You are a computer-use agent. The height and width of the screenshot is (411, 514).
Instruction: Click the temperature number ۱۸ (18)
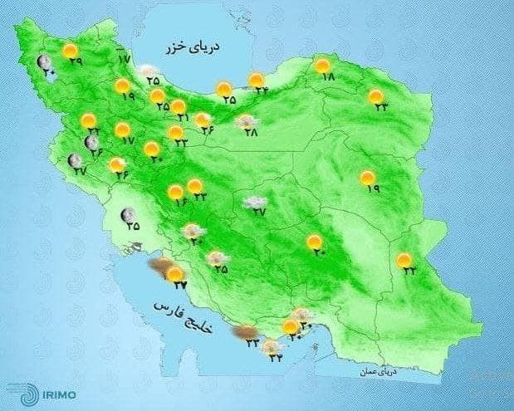(x=326, y=77)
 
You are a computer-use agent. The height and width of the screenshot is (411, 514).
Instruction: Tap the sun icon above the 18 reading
(x=323, y=65)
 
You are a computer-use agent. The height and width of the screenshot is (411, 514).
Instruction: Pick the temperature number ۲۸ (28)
(x=251, y=132)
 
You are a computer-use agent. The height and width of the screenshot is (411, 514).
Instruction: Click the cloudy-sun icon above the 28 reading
(x=247, y=121)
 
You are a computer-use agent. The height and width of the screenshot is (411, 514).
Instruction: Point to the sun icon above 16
(x=175, y=193)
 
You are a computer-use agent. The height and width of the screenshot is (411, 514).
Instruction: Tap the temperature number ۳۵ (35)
(x=132, y=225)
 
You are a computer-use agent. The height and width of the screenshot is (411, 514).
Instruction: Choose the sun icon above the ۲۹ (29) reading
(x=70, y=51)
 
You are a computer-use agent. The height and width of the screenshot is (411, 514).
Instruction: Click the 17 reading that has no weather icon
(x=124, y=59)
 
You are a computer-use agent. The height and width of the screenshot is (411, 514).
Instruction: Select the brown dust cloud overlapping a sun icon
(x=159, y=267)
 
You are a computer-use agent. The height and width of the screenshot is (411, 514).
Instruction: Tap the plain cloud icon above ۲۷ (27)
(x=254, y=201)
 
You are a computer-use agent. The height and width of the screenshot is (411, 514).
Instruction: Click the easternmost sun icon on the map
(x=404, y=261)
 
